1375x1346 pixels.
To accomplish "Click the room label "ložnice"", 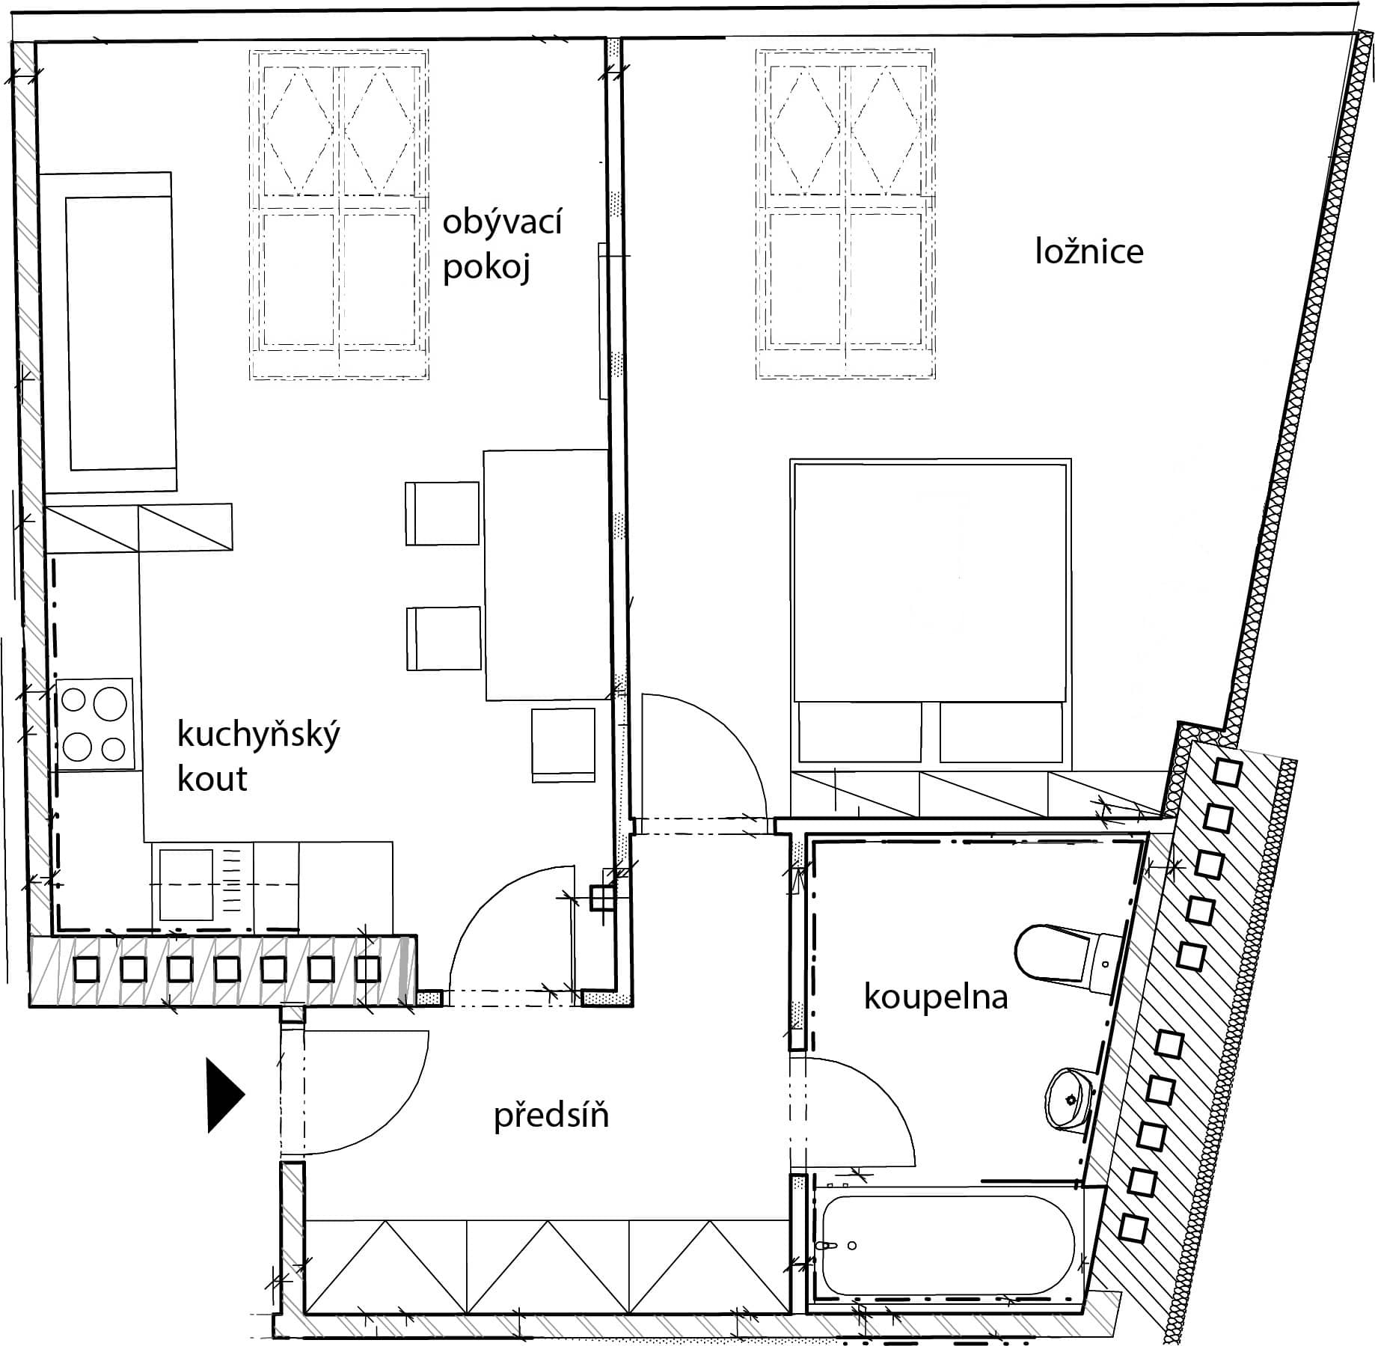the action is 1089,251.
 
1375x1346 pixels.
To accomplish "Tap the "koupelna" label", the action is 936,997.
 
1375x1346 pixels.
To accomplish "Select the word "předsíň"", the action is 551,1116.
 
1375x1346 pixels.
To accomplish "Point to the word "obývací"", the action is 502,223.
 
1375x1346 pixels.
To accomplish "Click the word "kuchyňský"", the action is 258,734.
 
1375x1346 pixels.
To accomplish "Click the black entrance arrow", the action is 224,1095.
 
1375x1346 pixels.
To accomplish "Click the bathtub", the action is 949,1245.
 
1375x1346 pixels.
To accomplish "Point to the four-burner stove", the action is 94,724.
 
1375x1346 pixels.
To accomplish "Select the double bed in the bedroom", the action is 931,615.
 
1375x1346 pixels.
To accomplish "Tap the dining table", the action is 546,575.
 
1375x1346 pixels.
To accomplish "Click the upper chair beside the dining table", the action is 442,513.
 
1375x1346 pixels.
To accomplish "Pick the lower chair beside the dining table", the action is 444,638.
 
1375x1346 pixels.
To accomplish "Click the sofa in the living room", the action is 108,332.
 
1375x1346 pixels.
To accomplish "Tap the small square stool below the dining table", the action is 563,745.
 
